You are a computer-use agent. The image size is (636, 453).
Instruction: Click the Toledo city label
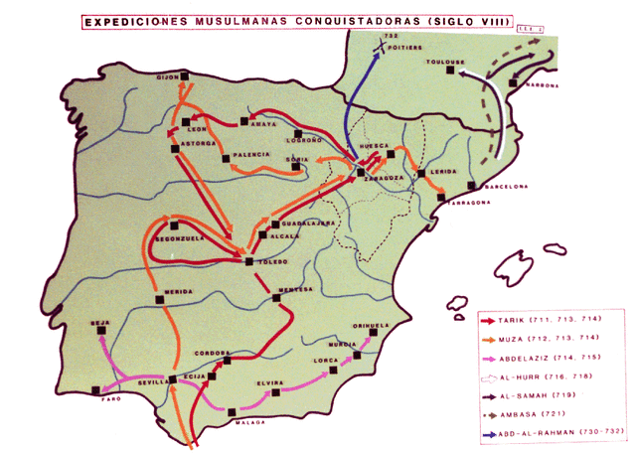[273, 261]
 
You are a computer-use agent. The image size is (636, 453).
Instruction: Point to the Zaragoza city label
[383, 178]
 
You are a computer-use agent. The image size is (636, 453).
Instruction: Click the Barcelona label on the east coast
[502, 187]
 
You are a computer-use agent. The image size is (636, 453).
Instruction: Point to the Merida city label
[179, 291]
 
